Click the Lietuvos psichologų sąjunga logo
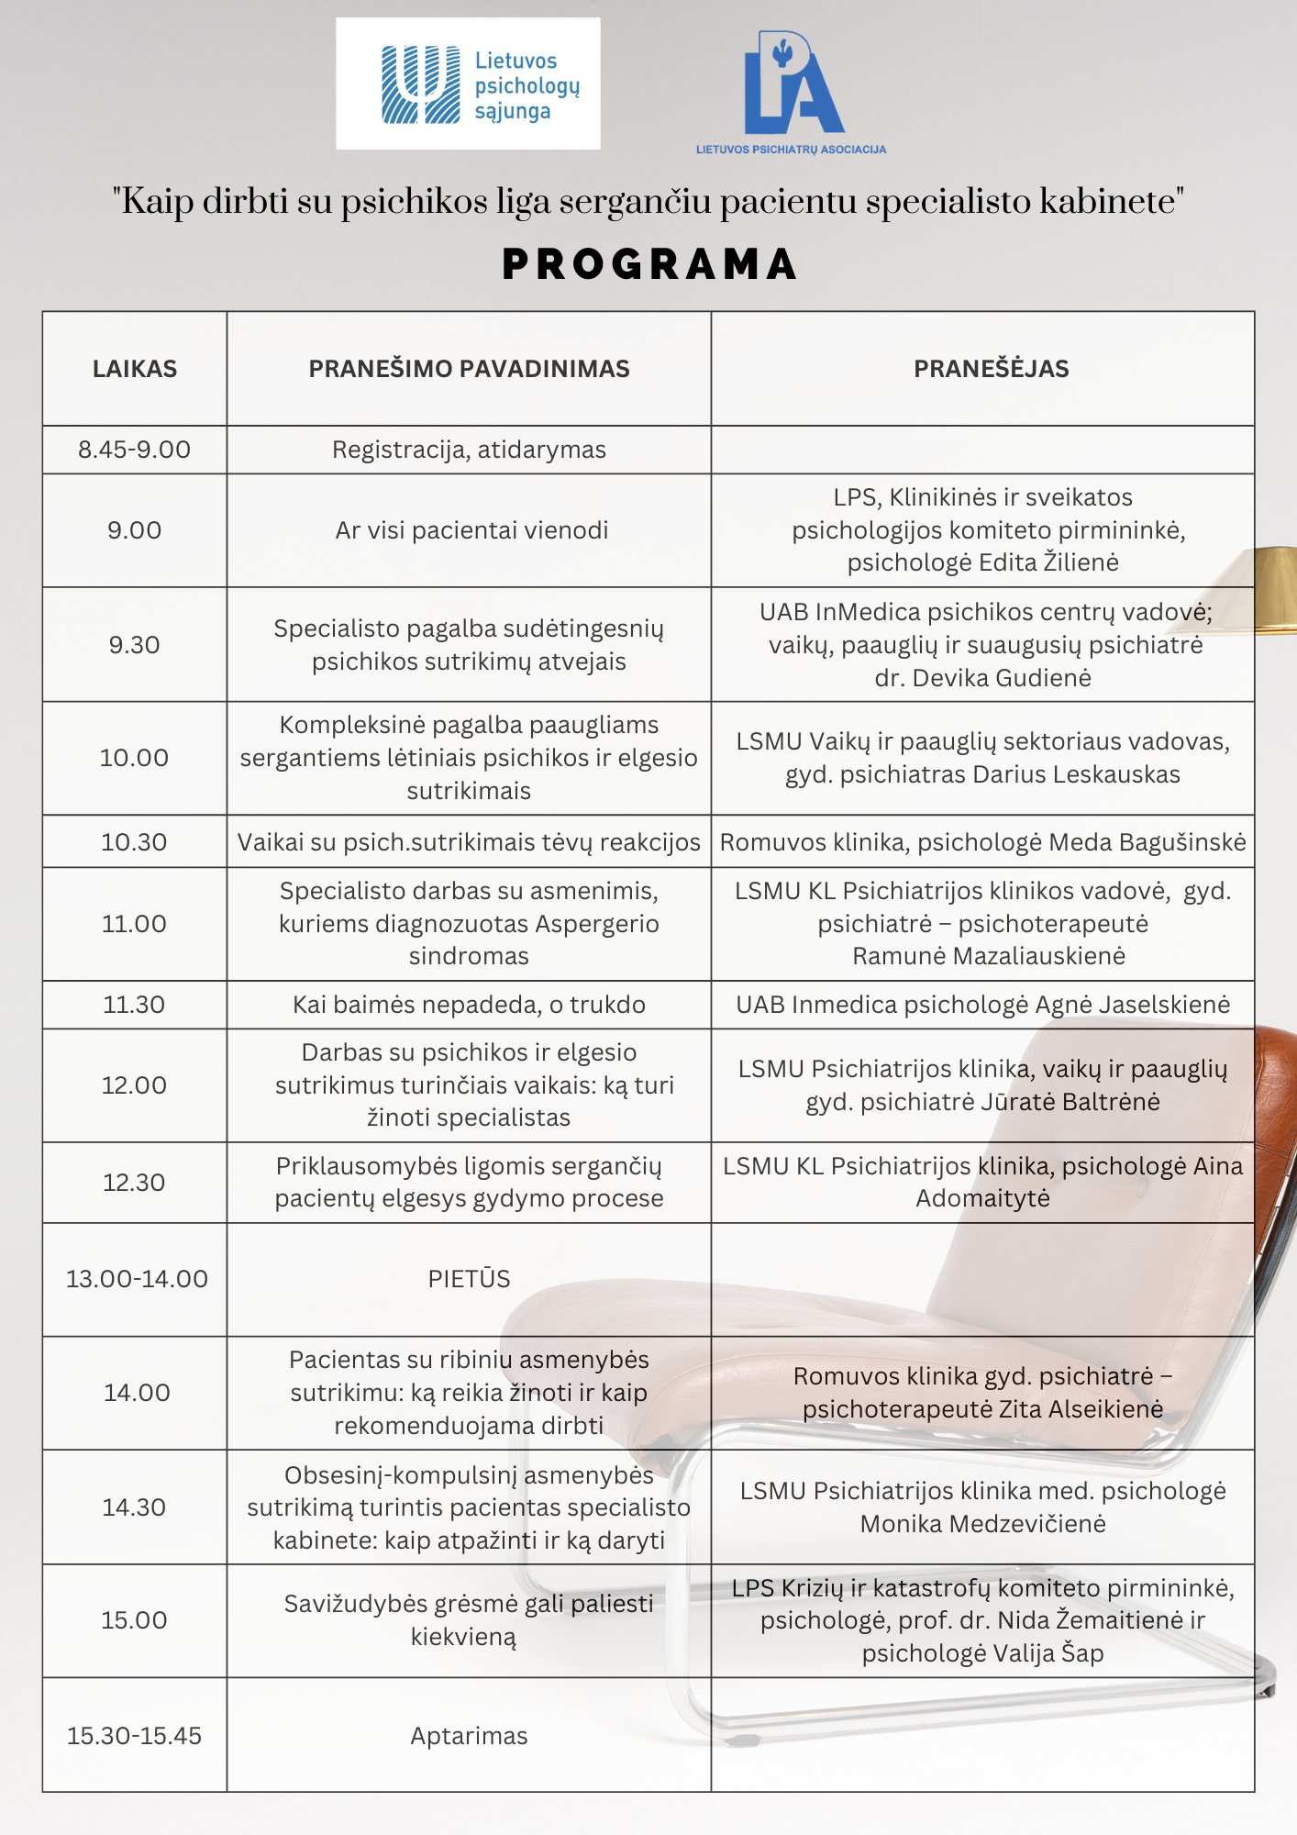(468, 84)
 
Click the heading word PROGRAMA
(649, 265)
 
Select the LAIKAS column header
(135, 369)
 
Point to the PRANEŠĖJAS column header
(991, 369)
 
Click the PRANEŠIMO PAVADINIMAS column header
(469, 369)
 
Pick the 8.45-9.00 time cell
(135, 450)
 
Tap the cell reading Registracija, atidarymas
(469, 450)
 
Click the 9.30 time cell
(135, 645)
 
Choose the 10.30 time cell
(135, 842)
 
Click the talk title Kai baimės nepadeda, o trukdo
(469, 1005)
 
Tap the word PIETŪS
(469, 1279)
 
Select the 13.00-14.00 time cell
(137, 1279)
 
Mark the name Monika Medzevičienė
(982, 1524)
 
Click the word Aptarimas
(469, 1736)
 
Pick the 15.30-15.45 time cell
(135, 1736)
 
